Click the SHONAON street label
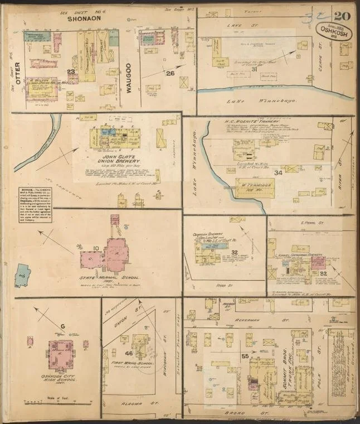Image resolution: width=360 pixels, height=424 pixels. [84, 18]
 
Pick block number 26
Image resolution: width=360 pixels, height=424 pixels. [170, 73]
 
